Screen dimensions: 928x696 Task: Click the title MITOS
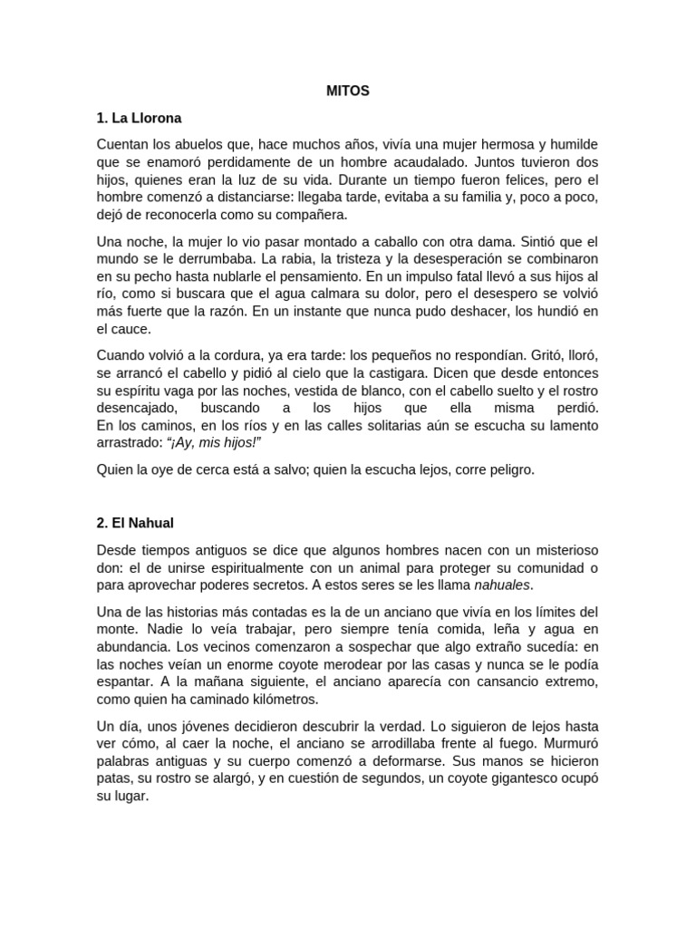coord(347,91)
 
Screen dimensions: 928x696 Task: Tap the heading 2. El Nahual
coord(137,524)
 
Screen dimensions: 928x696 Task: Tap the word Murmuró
coord(569,744)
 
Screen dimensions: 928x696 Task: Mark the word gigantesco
coord(488,779)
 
